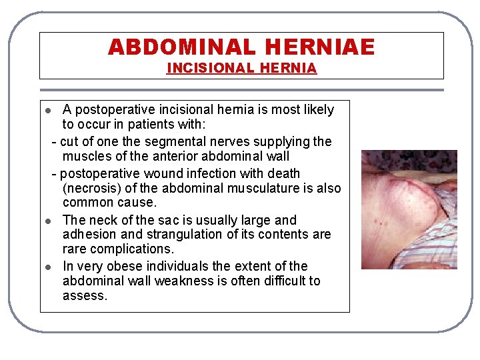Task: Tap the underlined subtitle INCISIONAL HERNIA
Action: [241, 68]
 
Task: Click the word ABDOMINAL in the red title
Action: [181, 47]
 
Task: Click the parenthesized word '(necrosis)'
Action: [91, 188]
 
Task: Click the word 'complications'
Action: [138, 249]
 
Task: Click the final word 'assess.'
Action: [85, 295]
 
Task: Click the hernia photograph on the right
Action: [409, 209]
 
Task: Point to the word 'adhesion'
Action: [85, 234]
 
